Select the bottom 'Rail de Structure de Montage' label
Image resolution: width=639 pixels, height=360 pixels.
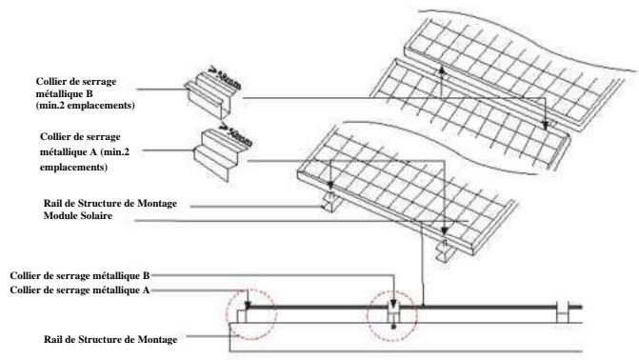click(106, 336)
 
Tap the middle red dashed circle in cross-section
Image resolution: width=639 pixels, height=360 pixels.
click(394, 313)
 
